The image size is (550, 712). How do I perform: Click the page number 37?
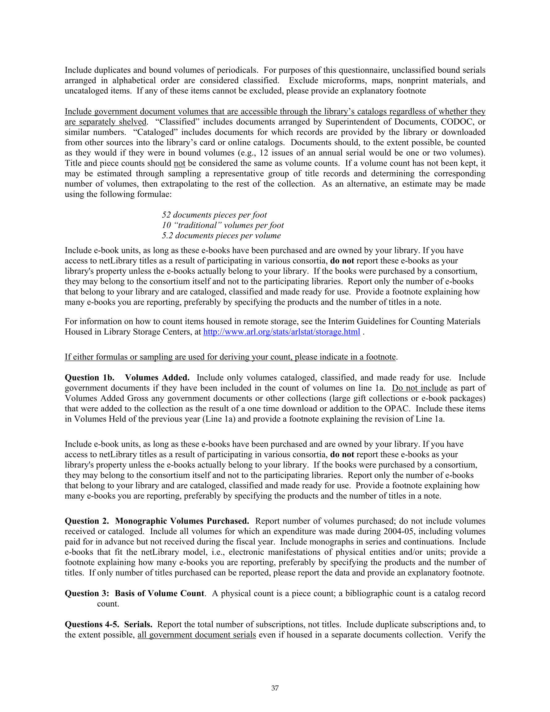click(x=275, y=688)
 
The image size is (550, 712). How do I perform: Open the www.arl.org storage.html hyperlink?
click(x=281, y=332)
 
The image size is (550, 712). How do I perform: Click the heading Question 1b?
click(x=90, y=377)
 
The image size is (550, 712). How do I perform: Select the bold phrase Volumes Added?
click(x=157, y=377)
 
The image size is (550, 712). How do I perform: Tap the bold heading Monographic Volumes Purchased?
click(x=182, y=521)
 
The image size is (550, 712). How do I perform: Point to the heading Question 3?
click(x=87, y=593)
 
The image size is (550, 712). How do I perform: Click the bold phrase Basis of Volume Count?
click(x=159, y=593)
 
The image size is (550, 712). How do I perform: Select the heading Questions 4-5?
click(x=92, y=624)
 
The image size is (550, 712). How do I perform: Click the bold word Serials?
click(x=138, y=624)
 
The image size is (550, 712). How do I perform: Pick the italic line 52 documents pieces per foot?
click(x=214, y=215)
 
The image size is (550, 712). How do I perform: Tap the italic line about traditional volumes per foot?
click(x=223, y=225)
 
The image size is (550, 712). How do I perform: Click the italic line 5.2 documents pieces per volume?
click(x=221, y=236)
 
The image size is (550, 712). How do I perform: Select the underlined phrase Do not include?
click(x=419, y=388)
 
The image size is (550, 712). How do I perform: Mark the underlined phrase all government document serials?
click(x=197, y=635)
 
